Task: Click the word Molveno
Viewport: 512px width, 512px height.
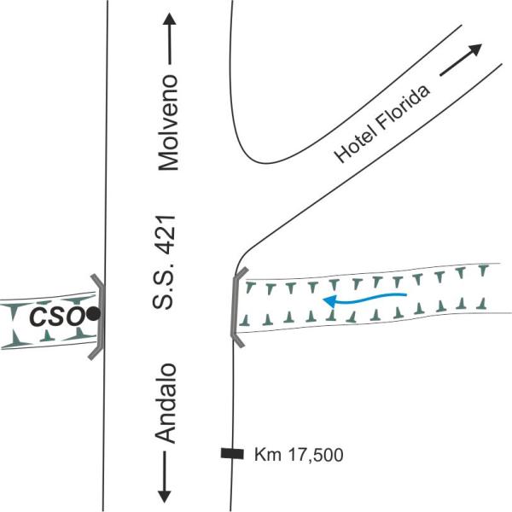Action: coord(169,123)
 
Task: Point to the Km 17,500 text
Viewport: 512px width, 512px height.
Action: coord(299,455)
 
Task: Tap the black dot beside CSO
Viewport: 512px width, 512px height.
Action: coord(93,314)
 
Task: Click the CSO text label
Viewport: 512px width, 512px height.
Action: coord(56,317)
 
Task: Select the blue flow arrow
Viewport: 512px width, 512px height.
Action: coord(364,298)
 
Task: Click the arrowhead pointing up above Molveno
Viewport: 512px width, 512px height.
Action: coord(169,20)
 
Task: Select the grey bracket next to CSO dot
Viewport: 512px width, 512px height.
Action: coord(99,316)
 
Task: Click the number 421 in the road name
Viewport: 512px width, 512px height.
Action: coord(169,234)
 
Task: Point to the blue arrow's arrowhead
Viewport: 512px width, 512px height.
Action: coord(329,300)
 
